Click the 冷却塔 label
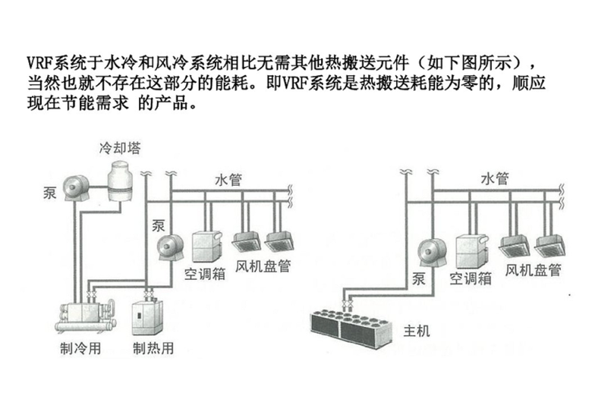point(120,148)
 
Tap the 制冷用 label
point(80,348)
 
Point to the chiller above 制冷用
point(86,317)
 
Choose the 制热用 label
point(153,348)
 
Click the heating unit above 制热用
point(148,317)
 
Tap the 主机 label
point(417,331)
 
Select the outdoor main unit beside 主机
point(352,327)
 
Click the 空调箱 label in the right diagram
point(471,278)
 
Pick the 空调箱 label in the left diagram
point(205,274)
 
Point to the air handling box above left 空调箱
point(207,247)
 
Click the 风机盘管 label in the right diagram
point(534,270)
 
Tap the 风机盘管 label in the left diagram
point(263,266)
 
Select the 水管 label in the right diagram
point(495,178)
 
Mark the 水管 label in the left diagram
point(228,180)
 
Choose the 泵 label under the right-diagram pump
point(419,279)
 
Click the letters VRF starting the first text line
point(39,63)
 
